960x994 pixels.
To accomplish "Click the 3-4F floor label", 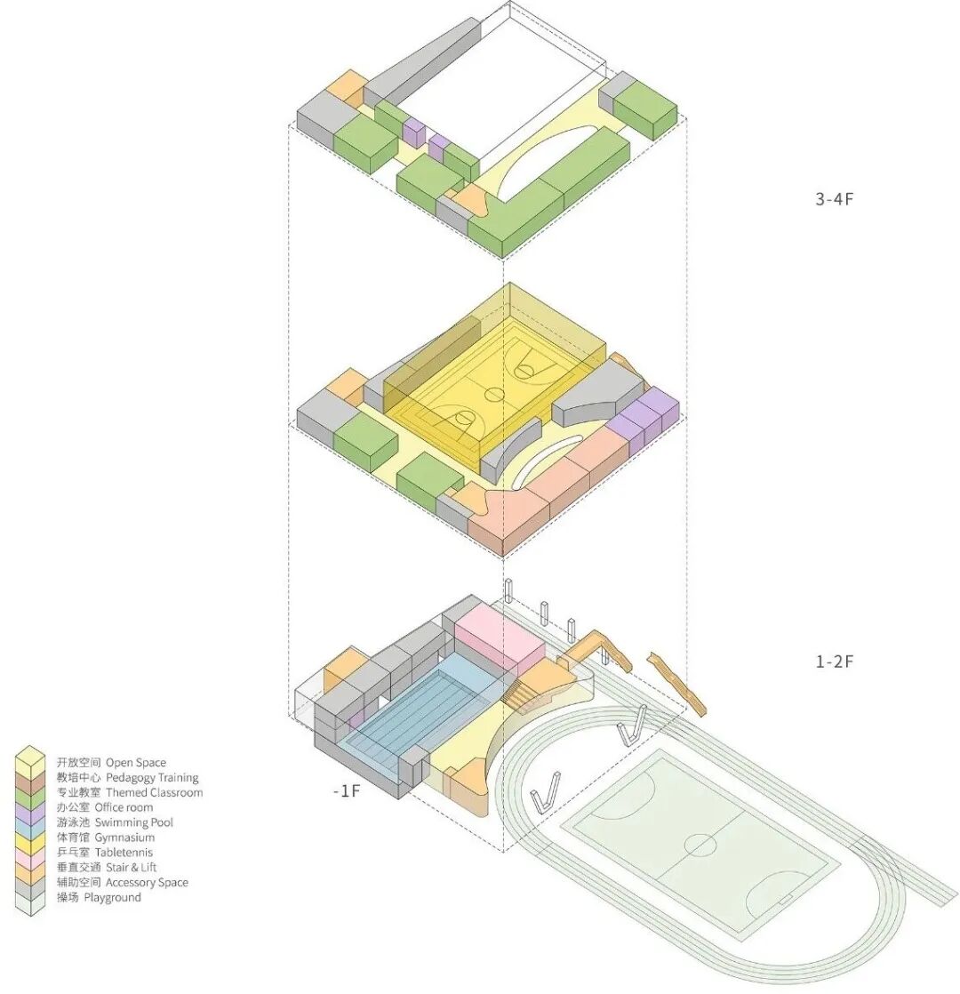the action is coord(834,199).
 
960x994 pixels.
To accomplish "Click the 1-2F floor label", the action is coord(834,661).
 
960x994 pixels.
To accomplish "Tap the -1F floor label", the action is coord(346,790).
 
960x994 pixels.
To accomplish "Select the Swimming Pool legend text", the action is coord(133,822).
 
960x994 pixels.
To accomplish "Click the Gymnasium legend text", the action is coord(124,838).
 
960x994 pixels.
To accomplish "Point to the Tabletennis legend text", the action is coord(124,853).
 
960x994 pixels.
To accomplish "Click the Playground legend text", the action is coord(112,898).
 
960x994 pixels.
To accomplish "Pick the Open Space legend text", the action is coord(136,763).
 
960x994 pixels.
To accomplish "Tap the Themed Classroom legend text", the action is coord(155,792).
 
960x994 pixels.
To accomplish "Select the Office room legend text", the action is coord(124,807).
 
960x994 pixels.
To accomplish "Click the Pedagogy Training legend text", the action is coord(152,778).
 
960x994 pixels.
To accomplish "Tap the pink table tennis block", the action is coord(500,638).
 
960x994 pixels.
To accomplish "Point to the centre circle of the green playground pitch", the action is coord(700,845).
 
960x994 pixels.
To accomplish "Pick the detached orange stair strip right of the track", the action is coord(676,685).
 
